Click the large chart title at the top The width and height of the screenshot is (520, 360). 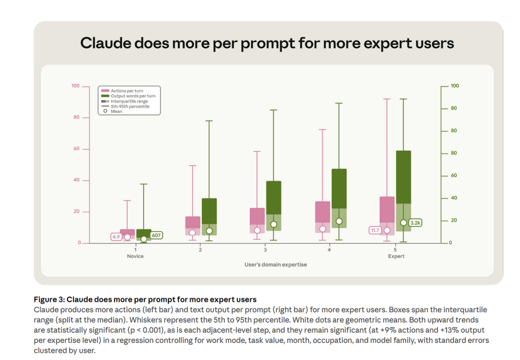click(267, 43)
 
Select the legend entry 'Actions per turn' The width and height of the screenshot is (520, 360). click(122, 91)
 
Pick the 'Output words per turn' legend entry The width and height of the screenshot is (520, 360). click(128, 96)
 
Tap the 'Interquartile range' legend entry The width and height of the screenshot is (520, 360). click(124, 101)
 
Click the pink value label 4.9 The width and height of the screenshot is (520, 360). click(116, 237)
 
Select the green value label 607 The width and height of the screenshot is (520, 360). click(156, 235)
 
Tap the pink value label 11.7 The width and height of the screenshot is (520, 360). click(375, 230)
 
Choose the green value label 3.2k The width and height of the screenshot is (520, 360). click(415, 223)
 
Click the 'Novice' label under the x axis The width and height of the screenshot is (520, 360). click(135, 256)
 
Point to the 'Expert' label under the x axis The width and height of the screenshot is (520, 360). click(396, 256)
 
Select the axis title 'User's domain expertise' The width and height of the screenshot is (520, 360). click(276, 264)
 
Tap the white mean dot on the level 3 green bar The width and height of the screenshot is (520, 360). click(274, 224)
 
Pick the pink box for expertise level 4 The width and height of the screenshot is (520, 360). click(323, 217)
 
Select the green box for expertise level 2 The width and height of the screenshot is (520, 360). click(209, 216)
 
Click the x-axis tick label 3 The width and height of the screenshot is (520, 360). click(265, 250)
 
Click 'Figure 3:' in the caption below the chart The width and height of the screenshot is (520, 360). click(49, 299)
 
